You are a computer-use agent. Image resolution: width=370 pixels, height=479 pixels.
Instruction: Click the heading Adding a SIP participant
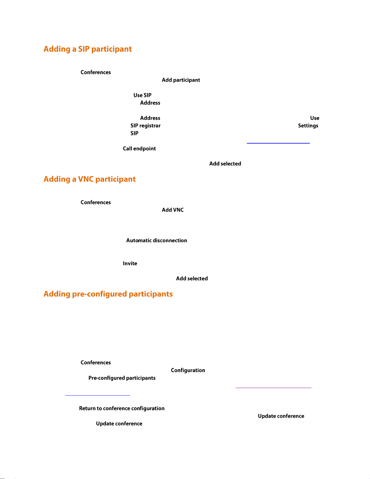tap(88, 49)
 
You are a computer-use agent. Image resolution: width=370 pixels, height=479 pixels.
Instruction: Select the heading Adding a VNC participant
tap(90, 179)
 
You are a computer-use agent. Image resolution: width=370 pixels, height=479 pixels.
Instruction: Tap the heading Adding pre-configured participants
tap(108, 294)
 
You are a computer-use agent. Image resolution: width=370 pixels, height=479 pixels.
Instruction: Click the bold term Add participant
tap(181, 80)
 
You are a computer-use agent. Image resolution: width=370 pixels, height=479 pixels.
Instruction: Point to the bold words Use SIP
tap(143, 95)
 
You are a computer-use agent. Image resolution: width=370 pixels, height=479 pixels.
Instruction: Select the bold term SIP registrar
tap(146, 126)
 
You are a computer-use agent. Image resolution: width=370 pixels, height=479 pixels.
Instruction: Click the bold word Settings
tap(308, 126)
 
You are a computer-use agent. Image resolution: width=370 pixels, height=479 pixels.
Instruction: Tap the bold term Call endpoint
tap(139, 148)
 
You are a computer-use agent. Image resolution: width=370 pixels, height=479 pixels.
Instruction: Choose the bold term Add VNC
tap(173, 210)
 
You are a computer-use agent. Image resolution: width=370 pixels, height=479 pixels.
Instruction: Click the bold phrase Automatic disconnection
tap(156, 240)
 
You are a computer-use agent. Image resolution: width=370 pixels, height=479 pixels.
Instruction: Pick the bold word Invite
tap(130, 263)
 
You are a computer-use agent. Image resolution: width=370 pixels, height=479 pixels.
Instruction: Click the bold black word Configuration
tap(188, 370)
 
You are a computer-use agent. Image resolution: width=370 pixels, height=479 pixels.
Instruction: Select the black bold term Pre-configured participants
tap(122, 378)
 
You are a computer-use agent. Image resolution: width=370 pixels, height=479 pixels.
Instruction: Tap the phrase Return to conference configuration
tap(122, 408)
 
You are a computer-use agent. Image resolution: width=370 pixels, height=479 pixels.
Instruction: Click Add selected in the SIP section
tap(225, 163)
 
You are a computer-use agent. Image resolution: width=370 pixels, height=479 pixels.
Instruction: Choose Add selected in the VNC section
tap(192, 278)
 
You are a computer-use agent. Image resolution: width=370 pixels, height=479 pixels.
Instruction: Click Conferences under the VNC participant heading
tap(96, 202)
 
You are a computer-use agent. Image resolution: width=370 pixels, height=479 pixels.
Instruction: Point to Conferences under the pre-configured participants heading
tap(96, 362)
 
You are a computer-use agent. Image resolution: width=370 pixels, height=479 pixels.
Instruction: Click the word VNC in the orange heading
tap(86, 179)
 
